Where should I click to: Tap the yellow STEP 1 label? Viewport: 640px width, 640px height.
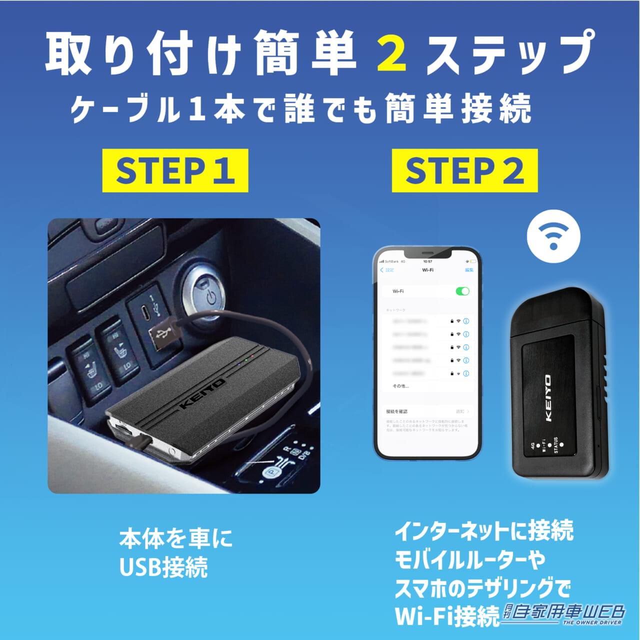pos(175,170)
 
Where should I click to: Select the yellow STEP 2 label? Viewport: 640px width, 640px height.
pos(464,170)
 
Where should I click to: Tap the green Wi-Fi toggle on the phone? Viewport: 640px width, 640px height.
pos(462,291)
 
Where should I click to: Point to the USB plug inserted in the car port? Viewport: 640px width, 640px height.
pos(163,337)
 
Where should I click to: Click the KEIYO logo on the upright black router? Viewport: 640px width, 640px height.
pos(548,398)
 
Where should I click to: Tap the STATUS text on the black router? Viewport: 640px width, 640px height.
pos(555,445)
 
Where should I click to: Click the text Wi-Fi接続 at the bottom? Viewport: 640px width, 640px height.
pos(446,616)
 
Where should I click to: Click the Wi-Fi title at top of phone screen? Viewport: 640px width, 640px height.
pos(427,270)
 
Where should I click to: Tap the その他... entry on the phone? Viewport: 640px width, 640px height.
pos(400,386)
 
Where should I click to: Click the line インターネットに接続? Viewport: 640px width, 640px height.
pos(483,531)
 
